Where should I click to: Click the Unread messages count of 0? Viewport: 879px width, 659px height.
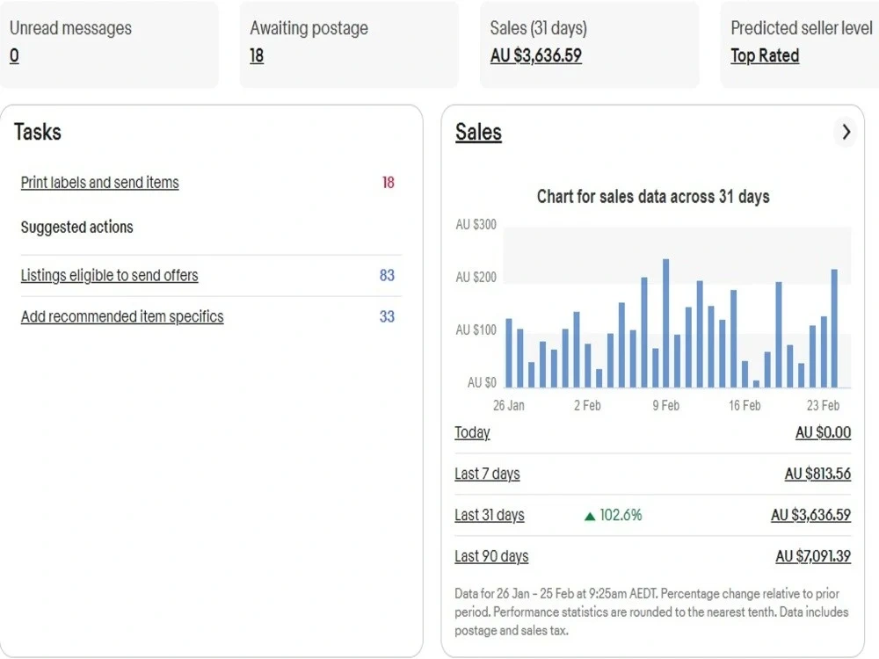[x=15, y=55]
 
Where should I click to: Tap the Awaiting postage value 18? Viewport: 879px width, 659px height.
[x=257, y=55]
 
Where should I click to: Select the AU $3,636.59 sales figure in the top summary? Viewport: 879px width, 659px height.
[x=536, y=55]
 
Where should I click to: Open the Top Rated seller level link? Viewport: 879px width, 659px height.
[x=765, y=55]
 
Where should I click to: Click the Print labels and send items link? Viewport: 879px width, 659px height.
[x=100, y=182]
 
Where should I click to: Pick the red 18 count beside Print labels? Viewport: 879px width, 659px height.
[x=388, y=182]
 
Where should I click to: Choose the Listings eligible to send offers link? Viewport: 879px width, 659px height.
[x=109, y=275]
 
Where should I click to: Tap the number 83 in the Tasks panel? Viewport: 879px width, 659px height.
[x=387, y=275]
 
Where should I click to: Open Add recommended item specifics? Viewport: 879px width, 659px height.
[x=122, y=316]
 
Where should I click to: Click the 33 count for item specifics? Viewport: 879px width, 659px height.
[x=387, y=316]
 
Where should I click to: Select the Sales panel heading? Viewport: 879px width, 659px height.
[x=478, y=133]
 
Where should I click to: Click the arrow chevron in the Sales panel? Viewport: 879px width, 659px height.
[x=846, y=133]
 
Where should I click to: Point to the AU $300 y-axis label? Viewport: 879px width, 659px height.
[x=476, y=225]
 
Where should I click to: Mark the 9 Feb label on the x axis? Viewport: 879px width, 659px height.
[x=665, y=405]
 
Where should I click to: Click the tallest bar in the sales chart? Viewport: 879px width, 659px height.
[x=666, y=322]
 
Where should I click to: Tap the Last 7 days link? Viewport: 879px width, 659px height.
[x=487, y=474]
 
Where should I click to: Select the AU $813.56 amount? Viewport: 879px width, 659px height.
[x=817, y=474]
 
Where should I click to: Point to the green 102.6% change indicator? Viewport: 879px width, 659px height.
[x=614, y=515]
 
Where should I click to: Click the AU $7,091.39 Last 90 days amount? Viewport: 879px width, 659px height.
[x=813, y=556]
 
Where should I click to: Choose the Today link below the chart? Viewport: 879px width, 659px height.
[x=472, y=432]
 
